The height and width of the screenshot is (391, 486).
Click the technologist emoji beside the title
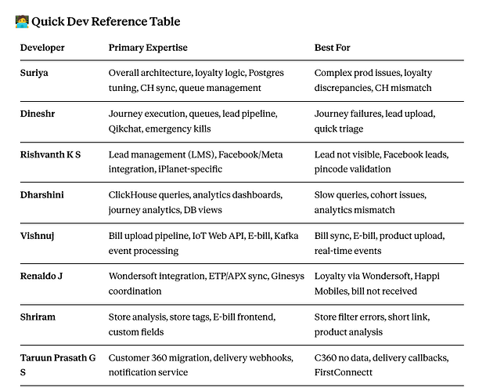22,21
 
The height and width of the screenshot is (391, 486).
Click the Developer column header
42,48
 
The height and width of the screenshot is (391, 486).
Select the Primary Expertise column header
148,48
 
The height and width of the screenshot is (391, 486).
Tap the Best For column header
332,48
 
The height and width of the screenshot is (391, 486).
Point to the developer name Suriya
34,73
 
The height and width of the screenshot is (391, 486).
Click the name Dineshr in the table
38,114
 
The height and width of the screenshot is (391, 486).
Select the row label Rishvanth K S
50,154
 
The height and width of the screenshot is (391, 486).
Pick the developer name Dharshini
41,195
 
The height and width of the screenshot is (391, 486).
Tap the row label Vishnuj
38,236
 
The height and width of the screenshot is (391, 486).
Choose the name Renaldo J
41,276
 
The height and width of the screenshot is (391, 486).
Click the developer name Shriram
38,317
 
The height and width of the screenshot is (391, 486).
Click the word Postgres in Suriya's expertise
266,73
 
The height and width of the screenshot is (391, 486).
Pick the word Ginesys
288,276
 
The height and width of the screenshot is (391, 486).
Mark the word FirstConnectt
343,372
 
